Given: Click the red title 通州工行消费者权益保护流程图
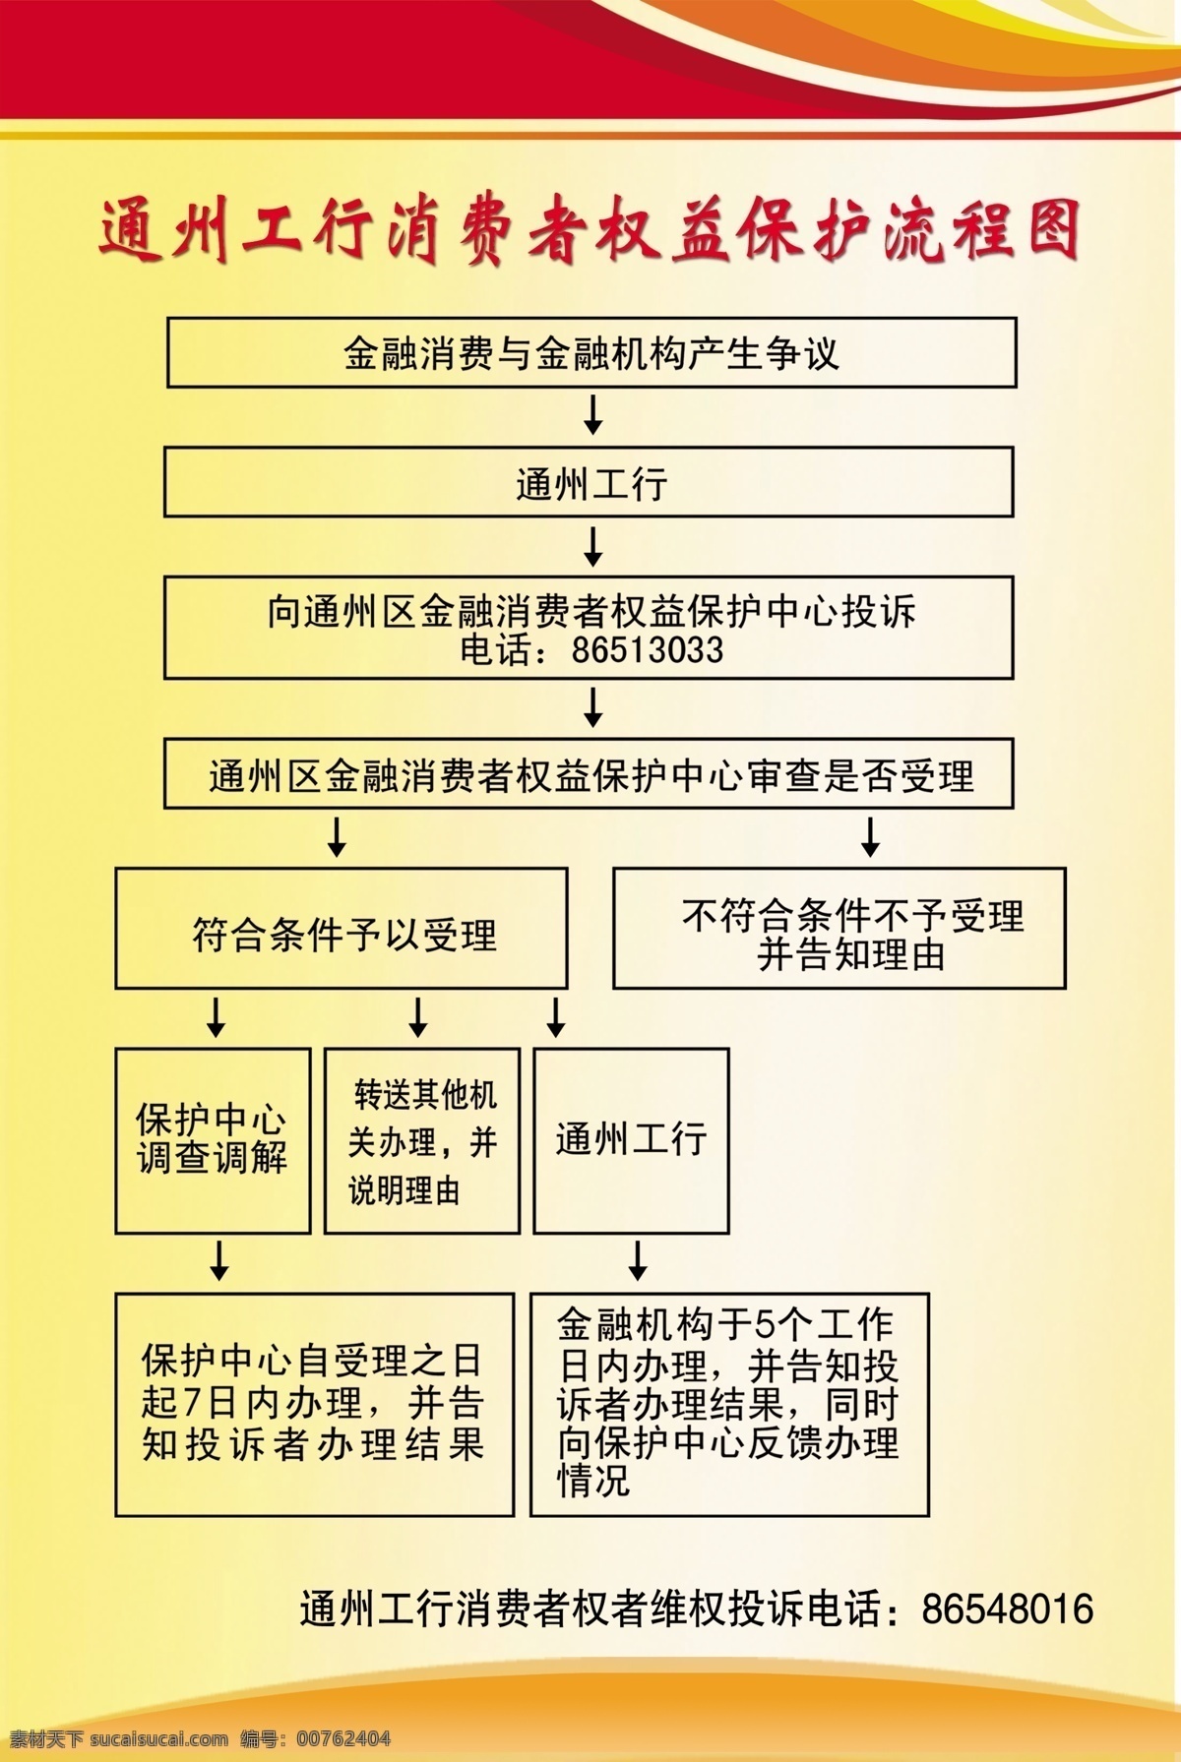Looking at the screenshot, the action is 590,232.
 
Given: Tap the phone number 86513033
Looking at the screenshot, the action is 648,650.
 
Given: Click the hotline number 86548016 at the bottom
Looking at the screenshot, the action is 1008,1610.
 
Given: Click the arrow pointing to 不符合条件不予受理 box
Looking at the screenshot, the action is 870,836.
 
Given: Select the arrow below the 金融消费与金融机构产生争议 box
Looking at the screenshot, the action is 592,414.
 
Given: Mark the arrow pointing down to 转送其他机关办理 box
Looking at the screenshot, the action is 418,1017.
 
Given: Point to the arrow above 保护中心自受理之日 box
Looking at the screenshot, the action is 219,1260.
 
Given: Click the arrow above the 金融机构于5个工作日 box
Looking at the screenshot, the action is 638,1260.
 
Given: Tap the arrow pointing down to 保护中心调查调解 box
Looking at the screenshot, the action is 216,1017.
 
